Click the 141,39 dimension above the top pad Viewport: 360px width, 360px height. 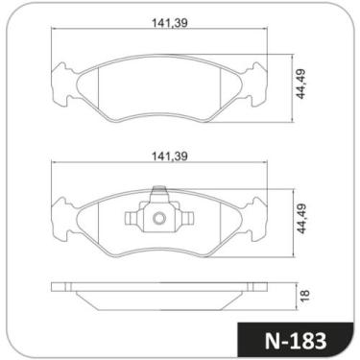169,22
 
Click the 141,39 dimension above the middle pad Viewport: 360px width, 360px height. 169,156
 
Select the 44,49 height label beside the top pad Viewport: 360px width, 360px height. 300,84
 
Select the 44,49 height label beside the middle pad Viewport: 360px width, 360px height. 300,218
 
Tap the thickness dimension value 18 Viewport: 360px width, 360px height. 305,295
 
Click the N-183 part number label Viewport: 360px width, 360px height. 296,341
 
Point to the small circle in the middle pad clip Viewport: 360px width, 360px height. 159,219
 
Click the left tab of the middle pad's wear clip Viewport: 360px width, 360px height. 132,219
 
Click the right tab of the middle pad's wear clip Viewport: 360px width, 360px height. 187,219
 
